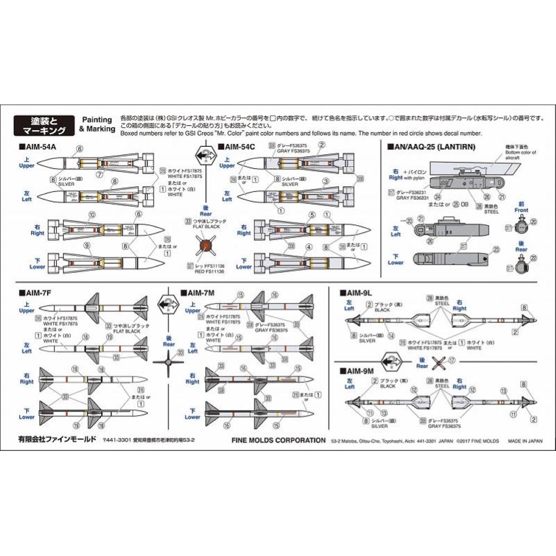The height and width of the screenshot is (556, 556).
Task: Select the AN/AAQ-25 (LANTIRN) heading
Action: click(428, 147)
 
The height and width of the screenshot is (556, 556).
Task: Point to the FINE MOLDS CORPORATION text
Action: click(278, 440)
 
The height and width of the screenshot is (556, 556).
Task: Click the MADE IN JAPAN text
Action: click(524, 440)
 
